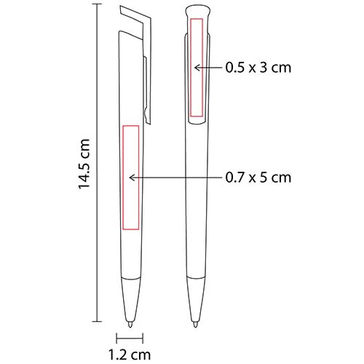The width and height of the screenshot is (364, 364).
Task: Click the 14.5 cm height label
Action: click(84, 165)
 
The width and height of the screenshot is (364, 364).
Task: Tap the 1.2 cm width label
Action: click(130, 355)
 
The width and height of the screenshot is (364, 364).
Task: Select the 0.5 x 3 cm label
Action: click(258, 68)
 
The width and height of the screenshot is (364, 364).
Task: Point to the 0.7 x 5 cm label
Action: click(258, 178)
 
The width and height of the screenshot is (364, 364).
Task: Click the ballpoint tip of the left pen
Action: click(130, 325)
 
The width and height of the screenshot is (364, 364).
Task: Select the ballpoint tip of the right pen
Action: click(195, 325)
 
